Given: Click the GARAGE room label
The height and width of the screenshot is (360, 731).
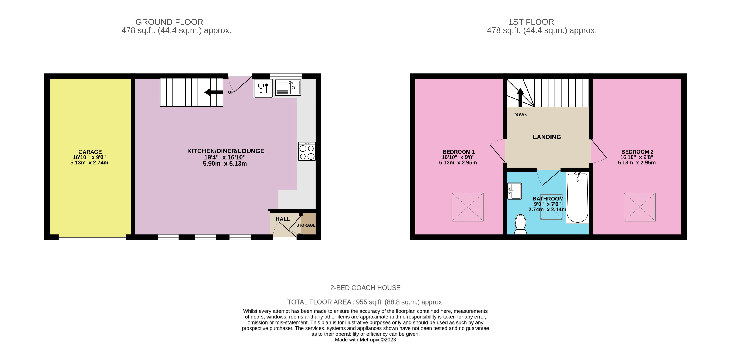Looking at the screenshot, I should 90,152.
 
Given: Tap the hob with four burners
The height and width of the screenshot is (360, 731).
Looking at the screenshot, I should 307,151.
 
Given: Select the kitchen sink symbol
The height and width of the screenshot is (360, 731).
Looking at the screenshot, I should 288,87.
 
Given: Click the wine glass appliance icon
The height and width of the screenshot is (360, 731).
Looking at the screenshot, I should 263,88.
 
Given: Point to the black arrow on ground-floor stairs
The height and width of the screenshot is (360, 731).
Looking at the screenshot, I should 214,92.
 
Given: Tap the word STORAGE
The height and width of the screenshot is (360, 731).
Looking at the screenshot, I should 306,225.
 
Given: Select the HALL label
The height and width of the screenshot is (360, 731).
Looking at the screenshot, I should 283,219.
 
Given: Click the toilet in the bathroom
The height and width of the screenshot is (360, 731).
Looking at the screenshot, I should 520,224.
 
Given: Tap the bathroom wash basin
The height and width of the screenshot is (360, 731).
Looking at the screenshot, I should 514,191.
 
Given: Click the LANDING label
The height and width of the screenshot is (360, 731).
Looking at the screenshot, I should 547,137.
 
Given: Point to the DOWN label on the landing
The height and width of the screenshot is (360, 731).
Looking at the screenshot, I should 520,115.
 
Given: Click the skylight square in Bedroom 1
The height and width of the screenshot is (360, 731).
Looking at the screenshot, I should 467,207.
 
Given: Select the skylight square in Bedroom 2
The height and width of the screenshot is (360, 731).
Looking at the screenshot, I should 639,207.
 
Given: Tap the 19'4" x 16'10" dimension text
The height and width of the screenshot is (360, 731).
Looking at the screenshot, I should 224,157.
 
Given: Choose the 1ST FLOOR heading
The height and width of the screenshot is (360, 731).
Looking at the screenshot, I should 531,22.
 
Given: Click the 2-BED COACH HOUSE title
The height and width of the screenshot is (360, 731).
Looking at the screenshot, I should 365,288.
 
